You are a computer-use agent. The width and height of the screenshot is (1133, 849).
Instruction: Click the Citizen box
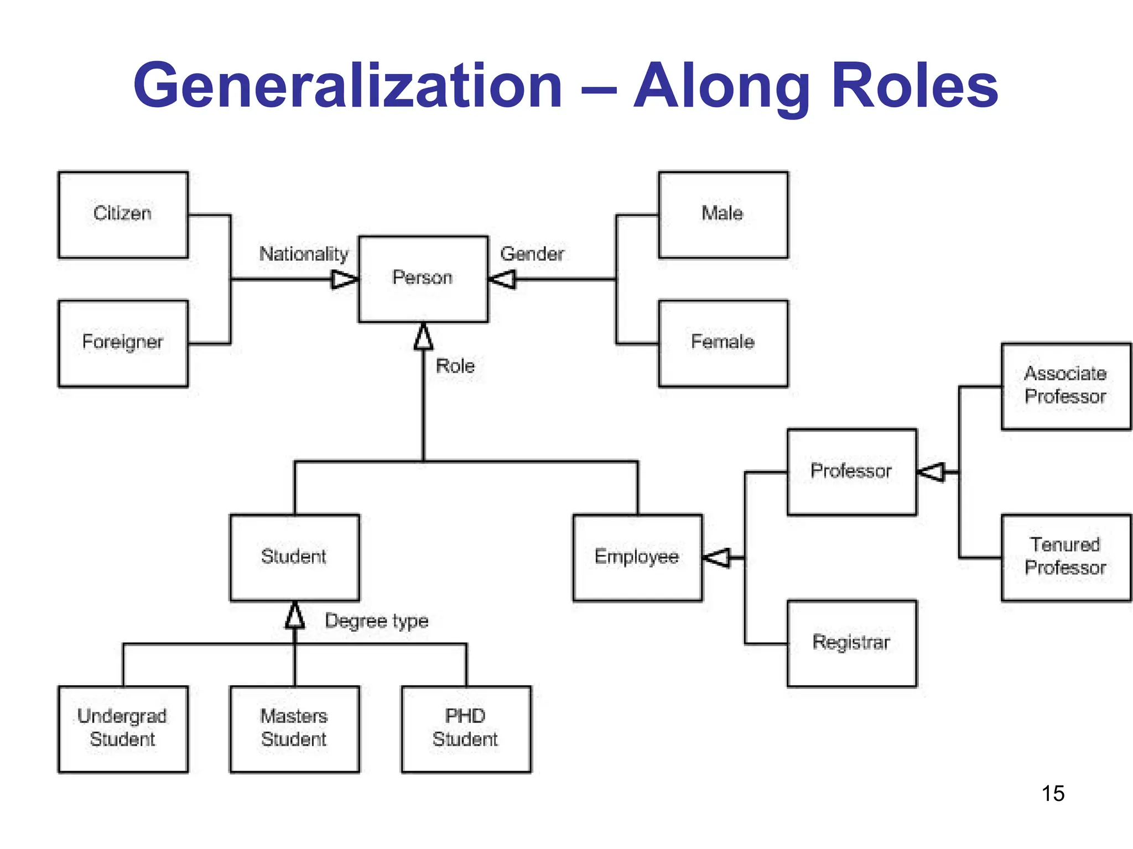pos(123,214)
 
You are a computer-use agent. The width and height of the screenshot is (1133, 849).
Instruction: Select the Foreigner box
pos(123,343)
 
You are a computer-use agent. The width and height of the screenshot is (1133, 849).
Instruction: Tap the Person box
pos(423,279)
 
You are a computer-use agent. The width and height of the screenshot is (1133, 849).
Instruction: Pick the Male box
pos(723,214)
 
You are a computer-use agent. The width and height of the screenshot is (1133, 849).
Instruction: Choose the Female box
pos(723,343)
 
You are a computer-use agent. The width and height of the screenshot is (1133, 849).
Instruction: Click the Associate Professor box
pos(1066,386)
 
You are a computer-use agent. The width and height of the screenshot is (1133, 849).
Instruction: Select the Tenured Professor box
pos(1066,557)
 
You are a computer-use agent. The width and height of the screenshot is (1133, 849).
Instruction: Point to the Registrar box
pos(851,643)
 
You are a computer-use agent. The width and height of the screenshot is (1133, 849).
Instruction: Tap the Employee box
pos(637,557)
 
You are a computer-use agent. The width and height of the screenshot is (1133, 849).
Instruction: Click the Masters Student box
pos(294,729)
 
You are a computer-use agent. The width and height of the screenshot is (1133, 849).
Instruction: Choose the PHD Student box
pos(466,729)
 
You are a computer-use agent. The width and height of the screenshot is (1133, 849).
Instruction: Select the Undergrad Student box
pos(123,729)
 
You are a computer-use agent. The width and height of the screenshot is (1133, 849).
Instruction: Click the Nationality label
pos(304,254)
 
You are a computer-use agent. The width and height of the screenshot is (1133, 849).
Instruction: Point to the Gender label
pos(532,254)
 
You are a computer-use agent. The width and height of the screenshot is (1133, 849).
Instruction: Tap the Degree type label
pos(376,621)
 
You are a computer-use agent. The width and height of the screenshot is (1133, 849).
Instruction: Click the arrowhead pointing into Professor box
pos(932,472)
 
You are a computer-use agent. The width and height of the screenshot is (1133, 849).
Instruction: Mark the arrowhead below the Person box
pos(424,337)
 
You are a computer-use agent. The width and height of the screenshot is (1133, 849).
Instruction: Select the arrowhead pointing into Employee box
pos(717,557)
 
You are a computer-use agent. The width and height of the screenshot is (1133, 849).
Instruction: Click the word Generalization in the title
pos(348,86)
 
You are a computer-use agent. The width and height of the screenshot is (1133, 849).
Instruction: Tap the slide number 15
pos(1053,794)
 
